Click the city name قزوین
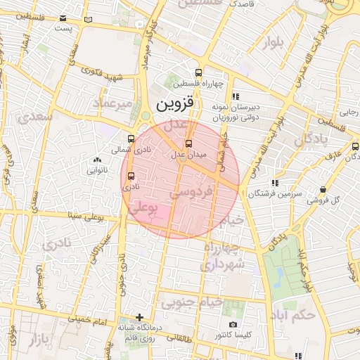point(174,106)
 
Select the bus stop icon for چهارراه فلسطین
point(199,72)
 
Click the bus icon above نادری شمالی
point(131,139)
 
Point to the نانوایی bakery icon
point(97,160)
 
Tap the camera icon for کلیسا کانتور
point(233,325)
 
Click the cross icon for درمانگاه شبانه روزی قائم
point(139,317)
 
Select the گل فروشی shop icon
point(323,189)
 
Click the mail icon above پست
point(63,18)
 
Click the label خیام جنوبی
point(192,302)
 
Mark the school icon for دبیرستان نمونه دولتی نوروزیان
point(236,96)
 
